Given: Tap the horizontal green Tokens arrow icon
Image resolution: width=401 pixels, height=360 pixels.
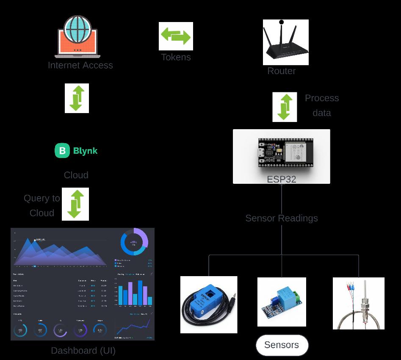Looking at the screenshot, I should [x=176, y=36].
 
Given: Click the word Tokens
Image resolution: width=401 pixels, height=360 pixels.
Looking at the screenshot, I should [x=176, y=57].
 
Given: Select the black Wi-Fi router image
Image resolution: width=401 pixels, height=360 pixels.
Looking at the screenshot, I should [x=285, y=42].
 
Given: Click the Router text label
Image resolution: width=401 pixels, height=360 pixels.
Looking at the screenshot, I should [x=282, y=71].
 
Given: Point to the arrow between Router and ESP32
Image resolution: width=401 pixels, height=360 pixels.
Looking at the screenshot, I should [x=285, y=107].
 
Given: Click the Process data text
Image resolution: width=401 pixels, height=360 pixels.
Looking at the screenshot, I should [x=322, y=105].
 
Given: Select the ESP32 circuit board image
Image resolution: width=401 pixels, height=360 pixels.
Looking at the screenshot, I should [x=281, y=152].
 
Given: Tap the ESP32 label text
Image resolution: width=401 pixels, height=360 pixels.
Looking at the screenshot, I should [x=281, y=179].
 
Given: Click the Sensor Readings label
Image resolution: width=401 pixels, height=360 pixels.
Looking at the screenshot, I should [x=282, y=218].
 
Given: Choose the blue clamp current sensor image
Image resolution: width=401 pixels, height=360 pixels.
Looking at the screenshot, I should [x=209, y=305].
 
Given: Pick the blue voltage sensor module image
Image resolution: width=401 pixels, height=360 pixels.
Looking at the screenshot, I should [x=282, y=302].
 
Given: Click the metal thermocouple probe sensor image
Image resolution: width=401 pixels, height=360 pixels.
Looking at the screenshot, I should [x=358, y=303].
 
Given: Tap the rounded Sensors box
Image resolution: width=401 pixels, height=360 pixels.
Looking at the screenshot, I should [x=282, y=345].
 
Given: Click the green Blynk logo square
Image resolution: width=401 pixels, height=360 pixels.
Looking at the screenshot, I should [x=62, y=150].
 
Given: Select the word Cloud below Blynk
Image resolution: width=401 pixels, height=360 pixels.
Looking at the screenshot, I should [x=76, y=175].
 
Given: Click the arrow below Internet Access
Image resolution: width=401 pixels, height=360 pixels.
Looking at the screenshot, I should [x=77, y=98].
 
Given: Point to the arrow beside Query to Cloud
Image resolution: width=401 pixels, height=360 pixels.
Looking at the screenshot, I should [x=75, y=204].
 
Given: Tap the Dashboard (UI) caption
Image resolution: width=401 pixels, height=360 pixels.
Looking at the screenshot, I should [x=83, y=351].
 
